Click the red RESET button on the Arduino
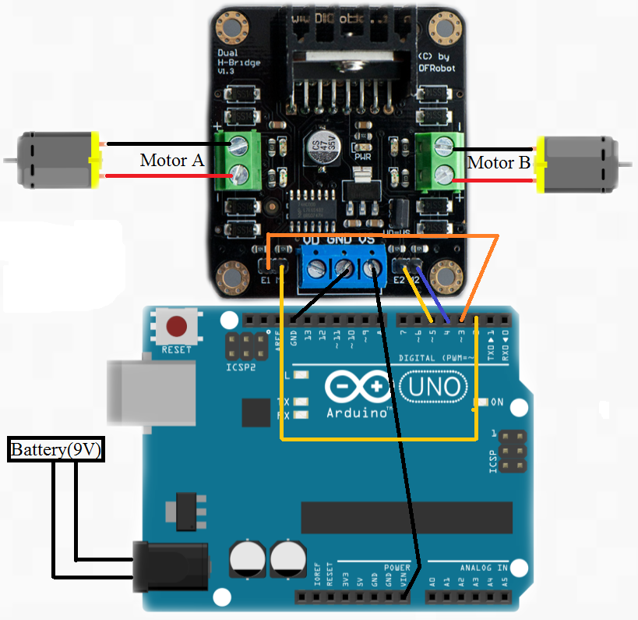[x=177, y=326]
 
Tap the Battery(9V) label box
[x=57, y=450]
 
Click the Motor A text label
[x=171, y=161]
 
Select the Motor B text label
[x=499, y=162]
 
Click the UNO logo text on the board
[x=434, y=388]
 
